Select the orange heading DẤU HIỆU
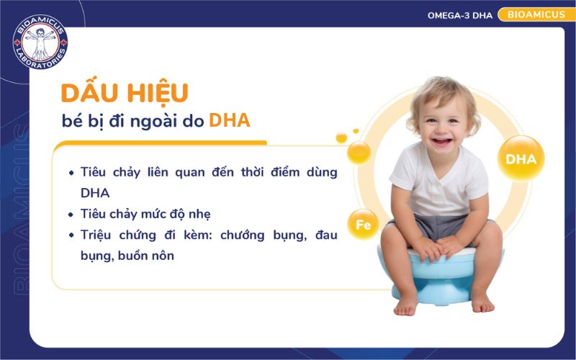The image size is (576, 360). (125, 93)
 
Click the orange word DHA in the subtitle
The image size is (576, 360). (230, 120)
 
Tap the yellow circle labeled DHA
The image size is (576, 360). (521, 159)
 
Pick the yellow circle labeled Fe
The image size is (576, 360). (363, 225)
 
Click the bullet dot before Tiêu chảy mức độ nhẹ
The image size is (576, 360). (71, 215)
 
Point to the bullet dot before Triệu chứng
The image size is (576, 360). (71, 235)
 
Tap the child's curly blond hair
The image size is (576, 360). (432, 90)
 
